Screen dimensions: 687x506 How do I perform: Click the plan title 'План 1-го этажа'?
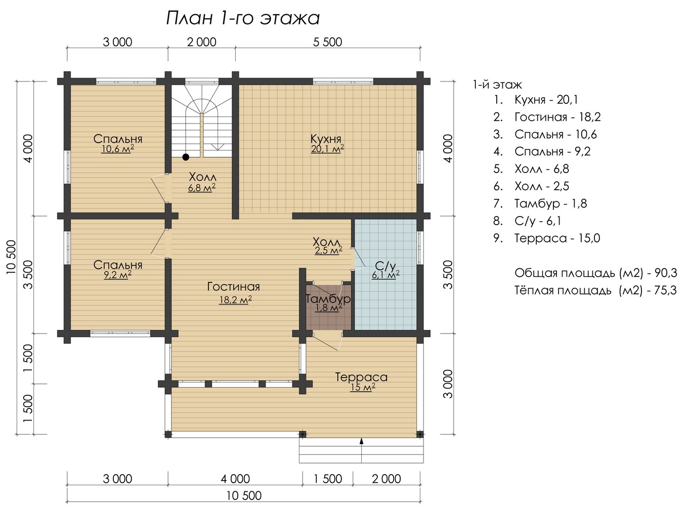pyautogui.click(x=243, y=18)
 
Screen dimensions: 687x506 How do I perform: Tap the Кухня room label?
pyautogui.click(x=326, y=139)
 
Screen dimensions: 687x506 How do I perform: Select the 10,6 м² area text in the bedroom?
pyautogui.click(x=117, y=149)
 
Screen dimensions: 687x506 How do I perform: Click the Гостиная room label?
pyautogui.click(x=234, y=286)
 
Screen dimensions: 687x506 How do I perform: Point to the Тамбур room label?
pyautogui.click(x=328, y=298)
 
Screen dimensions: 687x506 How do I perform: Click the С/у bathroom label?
pyautogui.click(x=386, y=266)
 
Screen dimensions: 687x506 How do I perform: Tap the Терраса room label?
pyautogui.click(x=361, y=377)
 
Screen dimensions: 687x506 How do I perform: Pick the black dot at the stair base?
pyautogui.click(x=186, y=157)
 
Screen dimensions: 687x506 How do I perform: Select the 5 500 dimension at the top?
pyautogui.click(x=327, y=42)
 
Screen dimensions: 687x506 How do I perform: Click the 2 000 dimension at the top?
pyautogui.click(x=202, y=42)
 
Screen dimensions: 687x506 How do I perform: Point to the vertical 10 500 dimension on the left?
pyautogui.click(x=11, y=257)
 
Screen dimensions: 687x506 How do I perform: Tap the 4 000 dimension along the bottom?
pyautogui.click(x=236, y=479)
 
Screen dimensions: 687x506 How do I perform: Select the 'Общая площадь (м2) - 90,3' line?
pyautogui.click(x=595, y=273)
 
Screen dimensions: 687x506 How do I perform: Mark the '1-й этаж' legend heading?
pyautogui.click(x=497, y=85)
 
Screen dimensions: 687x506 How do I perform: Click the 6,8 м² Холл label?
pyautogui.click(x=202, y=188)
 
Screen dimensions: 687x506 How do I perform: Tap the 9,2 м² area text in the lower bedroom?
pyautogui.click(x=118, y=275)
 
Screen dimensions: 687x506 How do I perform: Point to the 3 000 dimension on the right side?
pyautogui.click(x=448, y=384)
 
